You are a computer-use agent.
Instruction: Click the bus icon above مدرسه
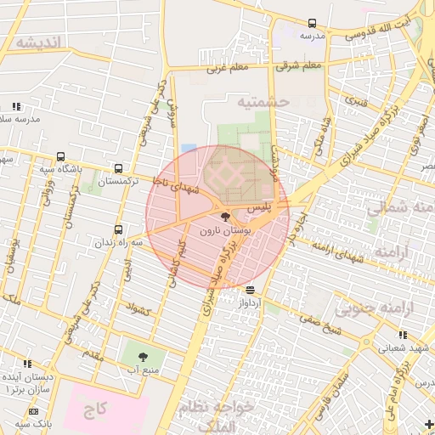pyautogui.click(x=312, y=23)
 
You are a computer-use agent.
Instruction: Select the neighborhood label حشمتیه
pyautogui.click(x=263, y=101)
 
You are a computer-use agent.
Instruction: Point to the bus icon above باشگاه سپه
pyautogui.click(x=60, y=156)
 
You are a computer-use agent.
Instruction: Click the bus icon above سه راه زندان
pyautogui.click(x=117, y=229)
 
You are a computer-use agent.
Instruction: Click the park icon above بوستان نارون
pyautogui.click(x=224, y=218)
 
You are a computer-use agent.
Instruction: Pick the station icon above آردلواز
pyautogui.click(x=249, y=290)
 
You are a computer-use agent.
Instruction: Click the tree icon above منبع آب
pyautogui.click(x=142, y=357)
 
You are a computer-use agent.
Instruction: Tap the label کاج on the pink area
pyautogui.click(x=95, y=410)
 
